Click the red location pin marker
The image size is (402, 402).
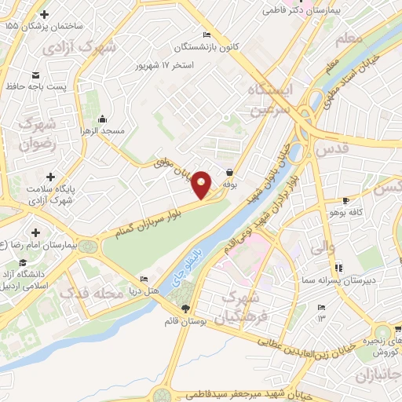tap(202, 185)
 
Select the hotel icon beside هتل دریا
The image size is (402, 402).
tap(143, 280)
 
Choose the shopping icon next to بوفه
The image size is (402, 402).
tap(229, 172)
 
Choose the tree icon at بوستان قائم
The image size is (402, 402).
tap(185, 309)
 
